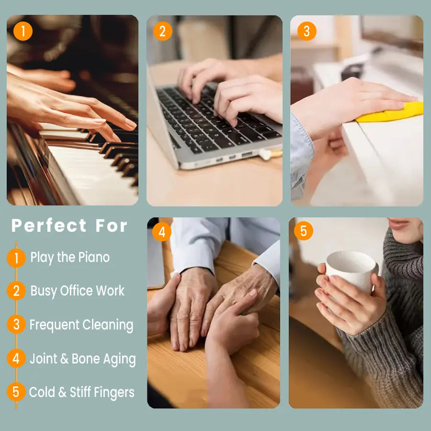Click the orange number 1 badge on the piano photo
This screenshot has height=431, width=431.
23,32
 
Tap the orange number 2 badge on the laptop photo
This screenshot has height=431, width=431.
162,32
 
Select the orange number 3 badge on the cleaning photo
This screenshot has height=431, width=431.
306,32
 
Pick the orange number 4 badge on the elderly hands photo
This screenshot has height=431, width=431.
162,232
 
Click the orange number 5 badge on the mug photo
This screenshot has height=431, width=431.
304,231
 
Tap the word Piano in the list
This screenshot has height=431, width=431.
94,258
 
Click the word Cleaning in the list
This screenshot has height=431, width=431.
108,325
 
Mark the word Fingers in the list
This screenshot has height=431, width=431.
114,393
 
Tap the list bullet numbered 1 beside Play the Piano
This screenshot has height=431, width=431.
16,258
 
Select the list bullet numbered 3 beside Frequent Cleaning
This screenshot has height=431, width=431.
16,325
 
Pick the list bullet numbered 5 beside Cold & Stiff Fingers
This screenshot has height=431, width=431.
16,392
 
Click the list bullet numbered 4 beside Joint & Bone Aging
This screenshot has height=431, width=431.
16,358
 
